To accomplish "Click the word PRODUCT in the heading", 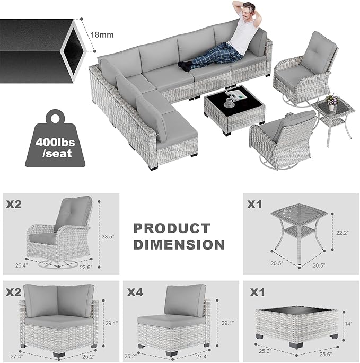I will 171,228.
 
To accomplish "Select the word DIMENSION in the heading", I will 179,244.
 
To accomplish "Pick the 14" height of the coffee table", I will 348,323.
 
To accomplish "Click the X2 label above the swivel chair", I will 14,203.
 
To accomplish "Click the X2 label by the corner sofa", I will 14,292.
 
